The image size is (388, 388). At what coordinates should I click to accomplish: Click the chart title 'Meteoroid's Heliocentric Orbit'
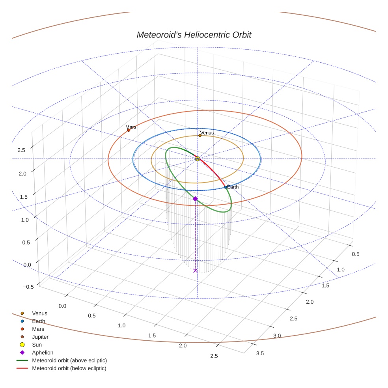tap(194, 35)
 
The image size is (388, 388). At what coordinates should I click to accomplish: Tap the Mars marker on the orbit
tap(129, 130)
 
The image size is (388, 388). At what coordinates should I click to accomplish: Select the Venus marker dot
tap(200, 136)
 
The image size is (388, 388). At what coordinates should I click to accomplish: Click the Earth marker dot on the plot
tap(226, 187)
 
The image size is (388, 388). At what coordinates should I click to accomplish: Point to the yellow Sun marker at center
tap(198, 159)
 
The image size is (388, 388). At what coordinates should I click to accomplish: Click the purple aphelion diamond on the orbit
tap(195, 199)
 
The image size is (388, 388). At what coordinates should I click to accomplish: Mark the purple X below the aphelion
tap(195, 270)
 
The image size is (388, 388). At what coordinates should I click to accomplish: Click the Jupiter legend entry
tap(40, 337)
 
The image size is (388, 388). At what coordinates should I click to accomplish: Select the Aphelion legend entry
tap(42, 353)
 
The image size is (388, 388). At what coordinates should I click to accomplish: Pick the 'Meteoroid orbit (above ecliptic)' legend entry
tap(69, 360)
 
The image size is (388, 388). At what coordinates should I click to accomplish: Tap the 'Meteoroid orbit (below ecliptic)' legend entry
tap(69, 368)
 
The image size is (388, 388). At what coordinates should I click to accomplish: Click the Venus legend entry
tap(39, 313)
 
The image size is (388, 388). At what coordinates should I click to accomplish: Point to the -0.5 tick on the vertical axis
tap(28, 287)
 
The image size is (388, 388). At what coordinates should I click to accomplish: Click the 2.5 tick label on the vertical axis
tap(21, 150)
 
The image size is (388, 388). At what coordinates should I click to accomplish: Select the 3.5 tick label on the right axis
tap(260, 353)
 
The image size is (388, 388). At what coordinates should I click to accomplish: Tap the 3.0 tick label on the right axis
tap(277, 336)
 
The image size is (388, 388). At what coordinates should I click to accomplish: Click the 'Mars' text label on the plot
tap(131, 127)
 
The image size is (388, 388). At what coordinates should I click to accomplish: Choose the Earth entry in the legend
tap(38, 321)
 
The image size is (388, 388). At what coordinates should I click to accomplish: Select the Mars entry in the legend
tap(38, 329)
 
